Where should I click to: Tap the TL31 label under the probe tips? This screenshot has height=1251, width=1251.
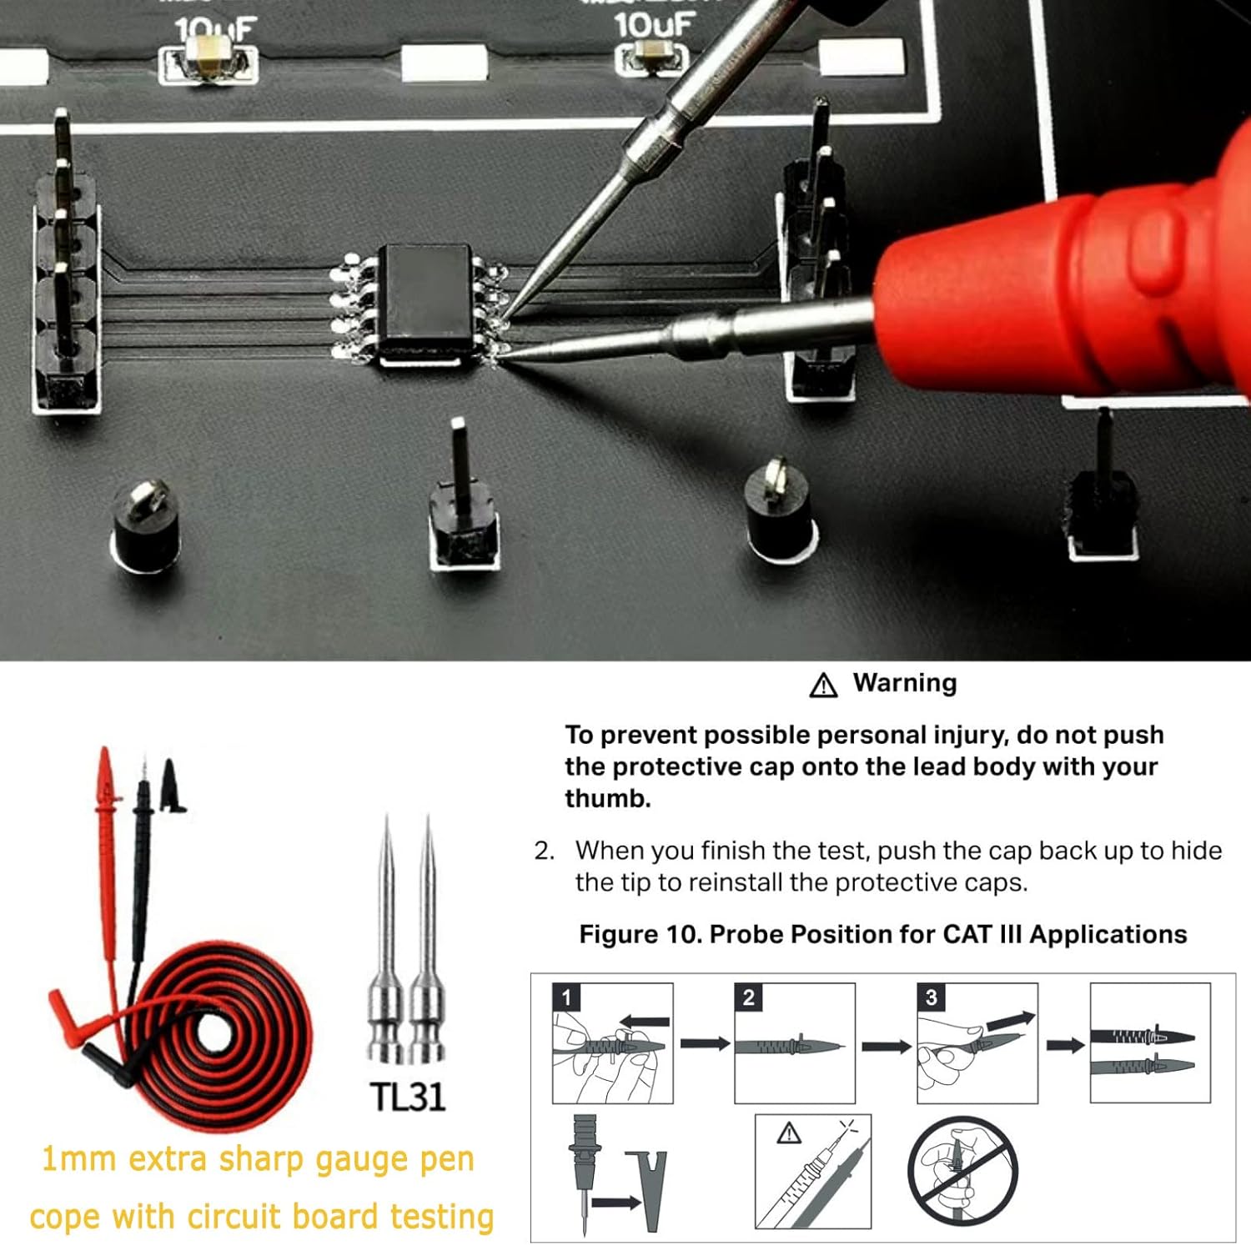coord(408,1097)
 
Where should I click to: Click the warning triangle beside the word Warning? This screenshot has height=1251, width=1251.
coord(823,685)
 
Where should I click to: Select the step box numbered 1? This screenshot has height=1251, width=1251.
coord(612,1042)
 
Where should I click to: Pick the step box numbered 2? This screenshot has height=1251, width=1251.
coord(795,1042)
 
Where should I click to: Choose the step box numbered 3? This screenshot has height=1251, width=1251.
coord(977,1042)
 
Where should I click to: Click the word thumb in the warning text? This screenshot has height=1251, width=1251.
coord(607,798)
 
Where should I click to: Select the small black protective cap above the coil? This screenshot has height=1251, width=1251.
coord(172,785)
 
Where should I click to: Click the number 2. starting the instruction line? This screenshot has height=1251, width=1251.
coord(545,851)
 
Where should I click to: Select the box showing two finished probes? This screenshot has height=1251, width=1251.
coord(1151,1042)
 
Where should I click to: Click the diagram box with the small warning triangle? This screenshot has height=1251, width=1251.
coord(813,1172)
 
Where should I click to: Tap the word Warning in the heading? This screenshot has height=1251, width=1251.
coord(905,683)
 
